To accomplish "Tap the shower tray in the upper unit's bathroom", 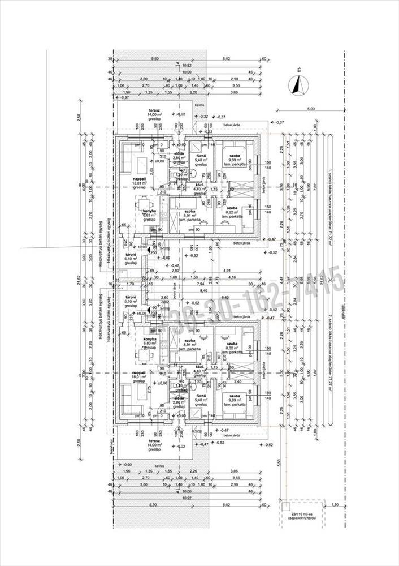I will tap(198, 144).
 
